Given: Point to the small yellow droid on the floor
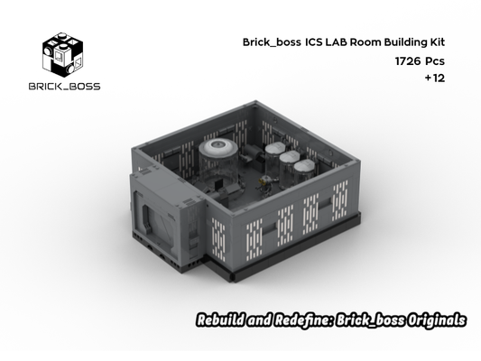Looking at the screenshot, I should point(265,183).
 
